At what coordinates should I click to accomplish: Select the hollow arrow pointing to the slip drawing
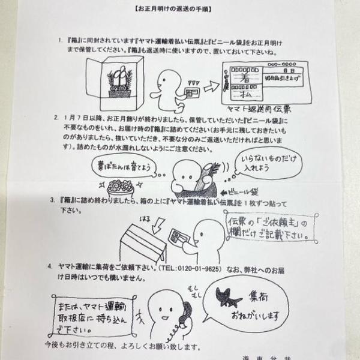point(211,87)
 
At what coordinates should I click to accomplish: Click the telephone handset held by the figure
point(184,313)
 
